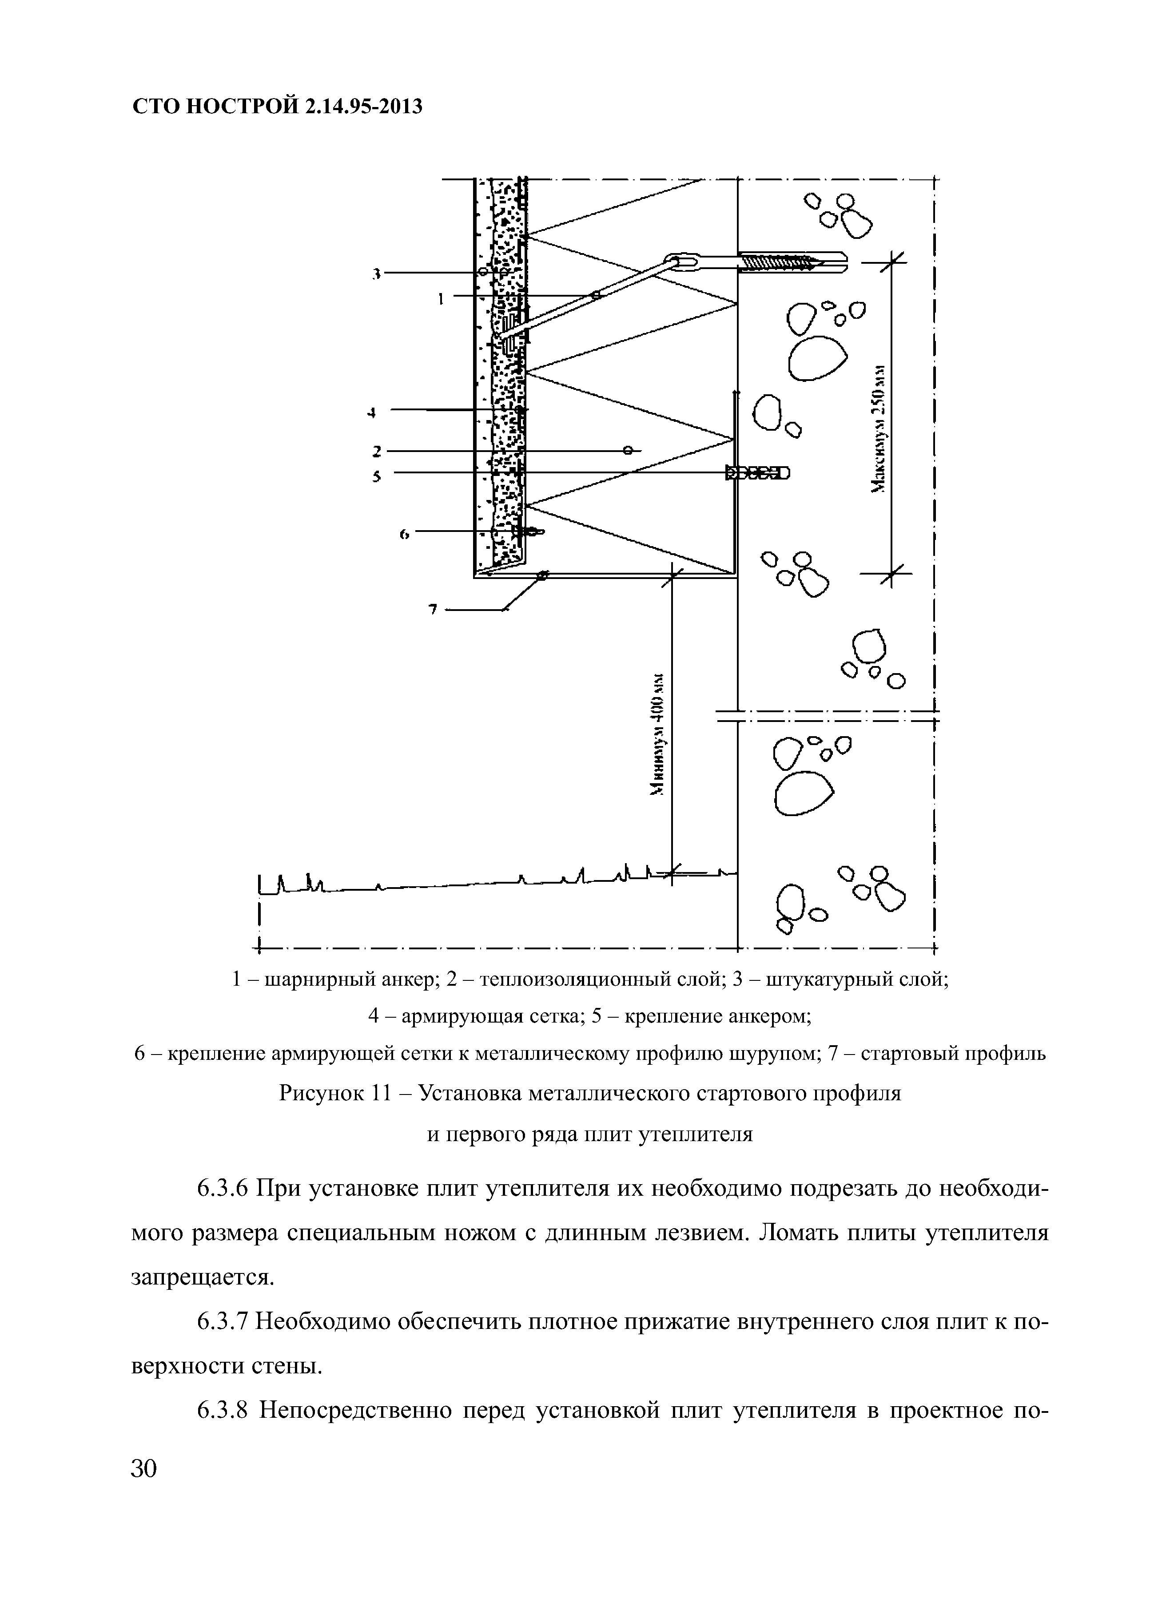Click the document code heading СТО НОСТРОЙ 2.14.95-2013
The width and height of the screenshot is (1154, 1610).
tap(277, 107)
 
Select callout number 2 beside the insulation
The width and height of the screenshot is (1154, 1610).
tap(377, 451)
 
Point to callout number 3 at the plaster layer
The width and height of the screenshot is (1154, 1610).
tap(377, 273)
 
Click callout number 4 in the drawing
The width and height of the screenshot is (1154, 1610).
tap(371, 412)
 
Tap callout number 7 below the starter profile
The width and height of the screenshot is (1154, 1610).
tap(432, 608)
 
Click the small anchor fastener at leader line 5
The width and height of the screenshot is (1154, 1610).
tap(756, 473)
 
